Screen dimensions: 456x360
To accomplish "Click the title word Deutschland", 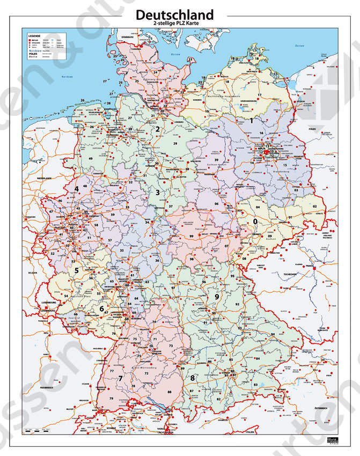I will click(174, 14).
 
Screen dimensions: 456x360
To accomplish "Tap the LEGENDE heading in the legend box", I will click(32, 35).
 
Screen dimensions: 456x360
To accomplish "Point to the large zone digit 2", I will click(157, 129).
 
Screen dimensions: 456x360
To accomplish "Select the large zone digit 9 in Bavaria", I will click(217, 297).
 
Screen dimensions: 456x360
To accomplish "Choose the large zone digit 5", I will click(77, 271).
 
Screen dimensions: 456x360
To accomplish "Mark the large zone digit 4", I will click(76, 189).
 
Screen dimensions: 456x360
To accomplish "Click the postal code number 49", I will click(91, 159).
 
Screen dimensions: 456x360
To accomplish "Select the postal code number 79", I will click(112, 399).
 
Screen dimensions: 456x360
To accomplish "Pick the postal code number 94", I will click(273, 334).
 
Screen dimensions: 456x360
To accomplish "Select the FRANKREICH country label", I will click(46, 387).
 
